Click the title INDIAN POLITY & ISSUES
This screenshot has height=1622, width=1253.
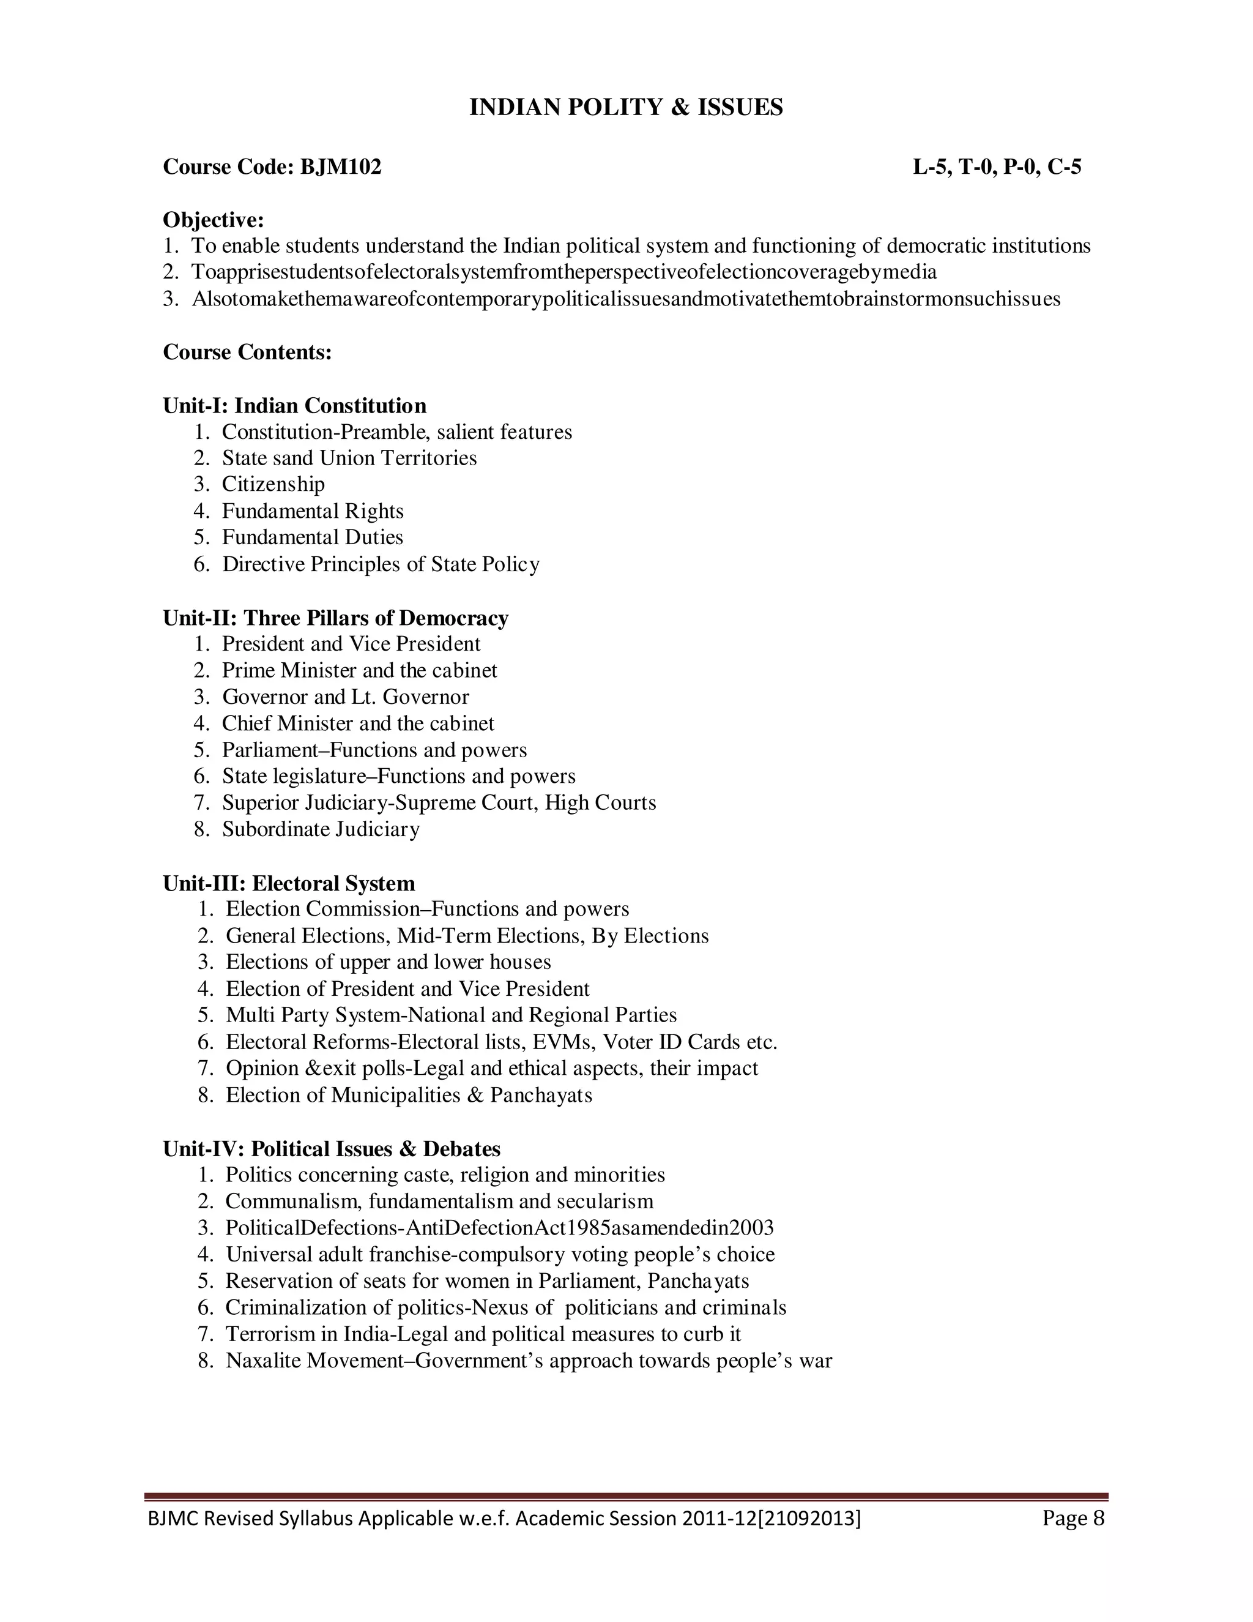point(626,108)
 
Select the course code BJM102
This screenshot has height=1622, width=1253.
point(340,167)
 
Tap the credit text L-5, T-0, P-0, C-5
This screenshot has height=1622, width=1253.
point(996,167)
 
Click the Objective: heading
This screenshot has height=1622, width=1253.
point(213,220)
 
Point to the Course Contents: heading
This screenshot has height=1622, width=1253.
point(247,352)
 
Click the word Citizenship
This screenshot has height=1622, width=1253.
point(273,484)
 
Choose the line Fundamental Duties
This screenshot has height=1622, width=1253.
point(312,537)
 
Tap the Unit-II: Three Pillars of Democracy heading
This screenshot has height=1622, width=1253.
point(335,618)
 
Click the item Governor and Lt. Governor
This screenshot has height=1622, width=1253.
point(345,697)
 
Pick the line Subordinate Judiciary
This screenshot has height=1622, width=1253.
point(320,829)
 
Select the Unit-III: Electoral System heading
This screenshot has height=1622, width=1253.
point(289,883)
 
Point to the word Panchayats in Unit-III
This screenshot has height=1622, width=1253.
point(541,1095)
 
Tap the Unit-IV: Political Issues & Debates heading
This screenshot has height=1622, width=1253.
point(331,1149)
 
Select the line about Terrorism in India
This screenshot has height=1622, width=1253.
point(483,1334)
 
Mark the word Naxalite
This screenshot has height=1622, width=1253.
point(262,1361)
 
